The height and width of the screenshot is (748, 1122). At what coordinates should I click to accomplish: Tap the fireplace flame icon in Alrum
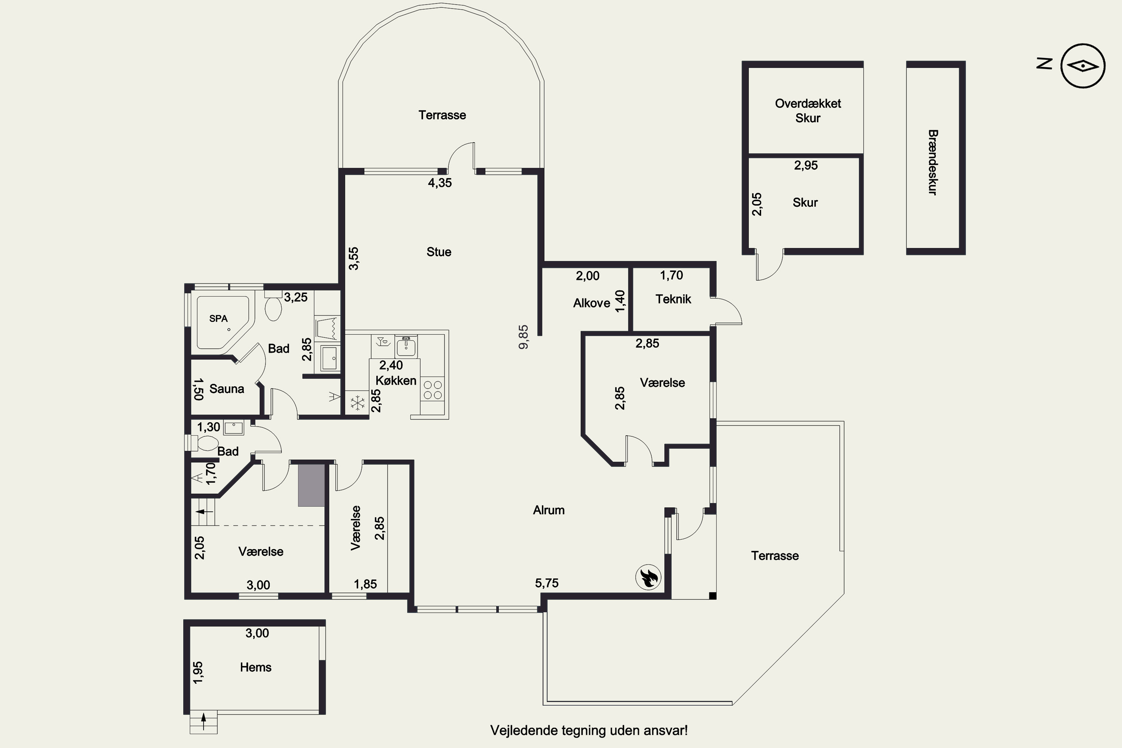coord(648,577)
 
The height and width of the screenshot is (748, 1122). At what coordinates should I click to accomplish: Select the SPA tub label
coord(218,319)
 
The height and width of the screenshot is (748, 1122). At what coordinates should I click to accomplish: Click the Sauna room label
coord(227,389)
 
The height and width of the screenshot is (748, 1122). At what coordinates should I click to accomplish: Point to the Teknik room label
coord(673,299)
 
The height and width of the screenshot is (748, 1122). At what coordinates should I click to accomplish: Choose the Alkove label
coord(592,303)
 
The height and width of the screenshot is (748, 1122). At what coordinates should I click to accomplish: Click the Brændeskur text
coord(933,162)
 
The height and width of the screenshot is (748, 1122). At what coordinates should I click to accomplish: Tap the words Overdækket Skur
coord(807,111)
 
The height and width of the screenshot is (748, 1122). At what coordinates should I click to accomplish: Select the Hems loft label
coord(256,667)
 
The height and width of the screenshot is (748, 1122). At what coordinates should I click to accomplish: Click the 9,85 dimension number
coord(523,337)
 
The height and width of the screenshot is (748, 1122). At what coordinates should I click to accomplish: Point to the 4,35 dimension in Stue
coord(440,183)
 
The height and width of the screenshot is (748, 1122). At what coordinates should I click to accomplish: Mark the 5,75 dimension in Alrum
coord(547,583)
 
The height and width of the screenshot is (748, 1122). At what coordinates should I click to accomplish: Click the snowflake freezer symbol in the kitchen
coord(357,404)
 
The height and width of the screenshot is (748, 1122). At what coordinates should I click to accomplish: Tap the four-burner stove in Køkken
coord(433,390)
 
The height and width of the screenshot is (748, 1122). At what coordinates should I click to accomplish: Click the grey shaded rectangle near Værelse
coord(312,485)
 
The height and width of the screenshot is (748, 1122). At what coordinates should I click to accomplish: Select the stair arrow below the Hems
coord(204,721)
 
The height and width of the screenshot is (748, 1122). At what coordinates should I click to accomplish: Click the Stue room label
coord(439,252)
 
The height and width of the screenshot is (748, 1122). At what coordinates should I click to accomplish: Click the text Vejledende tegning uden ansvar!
coord(589,730)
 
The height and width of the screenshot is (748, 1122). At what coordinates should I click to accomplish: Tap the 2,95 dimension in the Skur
coord(806,166)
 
